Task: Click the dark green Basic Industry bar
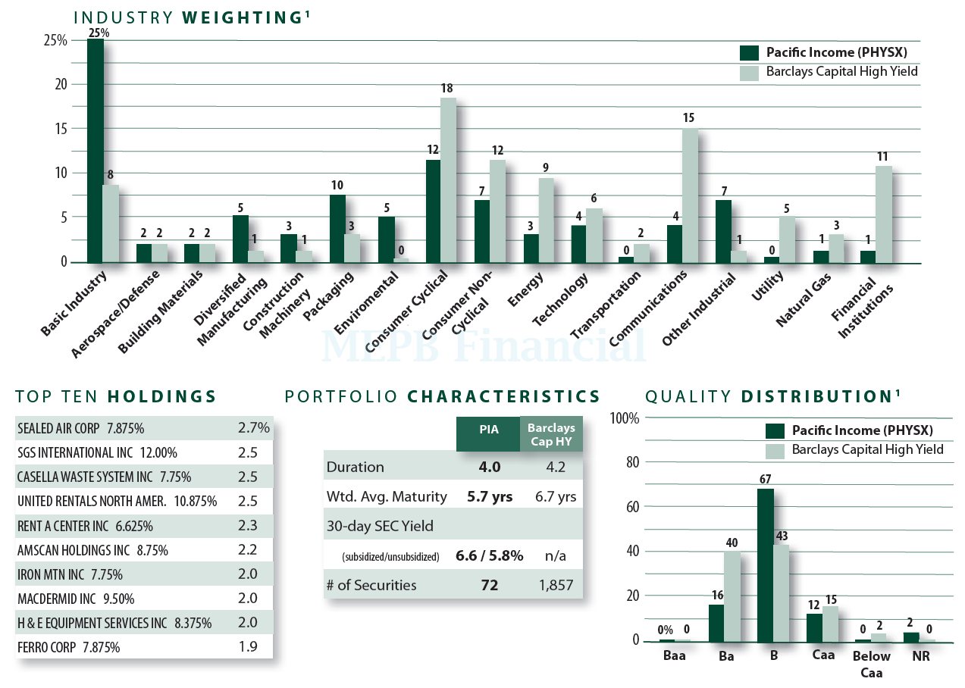pyautogui.click(x=96, y=152)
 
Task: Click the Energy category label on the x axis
pyautogui.click(x=523, y=291)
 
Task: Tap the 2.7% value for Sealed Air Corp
pyautogui.click(x=254, y=428)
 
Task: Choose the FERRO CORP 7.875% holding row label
pyautogui.click(x=68, y=647)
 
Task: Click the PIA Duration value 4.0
pyautogui.click(x=489, y=467)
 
